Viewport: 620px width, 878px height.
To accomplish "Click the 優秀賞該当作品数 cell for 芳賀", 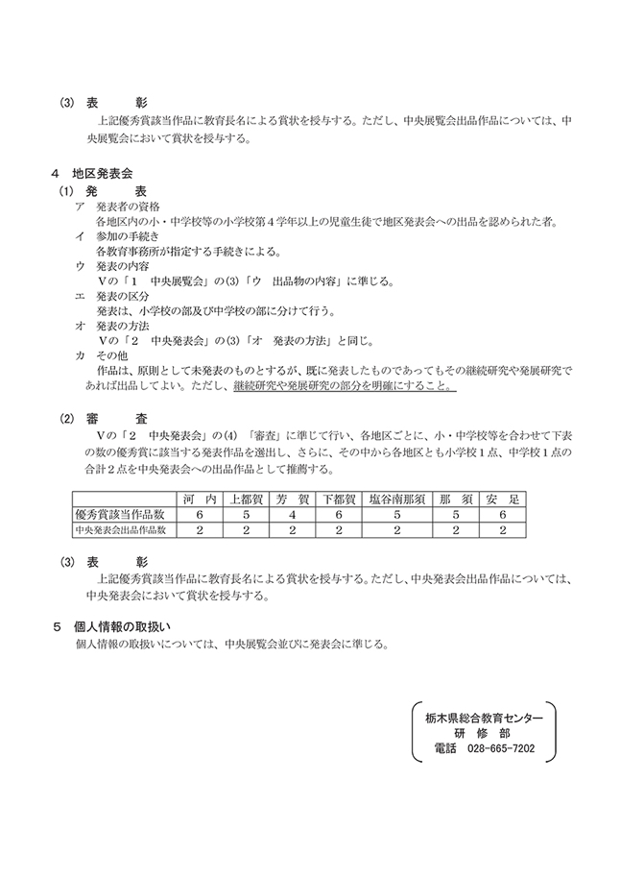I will point(292,514).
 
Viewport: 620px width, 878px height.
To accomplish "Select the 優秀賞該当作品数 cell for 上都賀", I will point(246,514).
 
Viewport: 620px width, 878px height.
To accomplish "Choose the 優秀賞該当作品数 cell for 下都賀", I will point(339,514).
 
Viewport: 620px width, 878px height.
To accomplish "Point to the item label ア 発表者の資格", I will point(124,207).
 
